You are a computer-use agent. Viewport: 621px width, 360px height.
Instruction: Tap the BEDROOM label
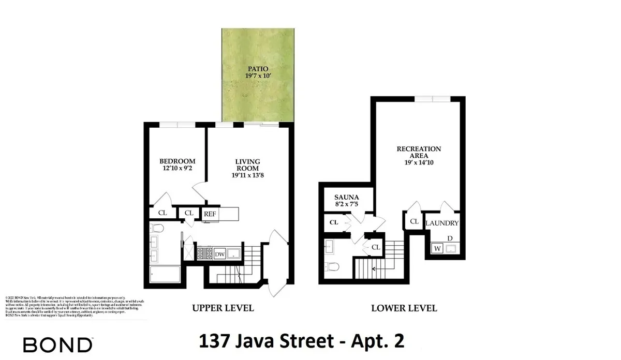coord(177,161)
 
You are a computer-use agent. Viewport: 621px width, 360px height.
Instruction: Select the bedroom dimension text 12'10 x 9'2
coord(177,169)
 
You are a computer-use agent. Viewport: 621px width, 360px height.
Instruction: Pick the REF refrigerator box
coord(210,214)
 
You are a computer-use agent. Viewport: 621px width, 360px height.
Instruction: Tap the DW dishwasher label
coord(219,254)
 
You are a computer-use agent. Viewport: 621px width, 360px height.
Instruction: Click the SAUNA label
coord(347,198)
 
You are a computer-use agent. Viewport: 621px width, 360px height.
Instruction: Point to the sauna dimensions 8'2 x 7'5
coord(347,205)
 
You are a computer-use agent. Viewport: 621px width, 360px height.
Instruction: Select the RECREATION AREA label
coord(419,153)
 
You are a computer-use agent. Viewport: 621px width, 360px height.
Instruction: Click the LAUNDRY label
coord(442,223)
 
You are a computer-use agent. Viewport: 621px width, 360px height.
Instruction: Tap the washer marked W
coord(437,249)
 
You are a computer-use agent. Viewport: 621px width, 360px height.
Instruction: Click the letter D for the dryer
coord(450,238)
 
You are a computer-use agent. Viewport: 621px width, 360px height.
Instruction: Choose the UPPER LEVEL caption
coord(223,308)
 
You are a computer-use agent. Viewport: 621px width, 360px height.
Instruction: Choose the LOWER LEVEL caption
coord(404,308)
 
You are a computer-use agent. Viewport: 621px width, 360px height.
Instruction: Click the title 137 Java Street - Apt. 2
coord(301,342)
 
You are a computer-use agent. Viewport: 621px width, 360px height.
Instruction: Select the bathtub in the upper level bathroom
coord(164,274)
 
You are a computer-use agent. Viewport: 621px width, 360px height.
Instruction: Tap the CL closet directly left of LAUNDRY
coord(414,221)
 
